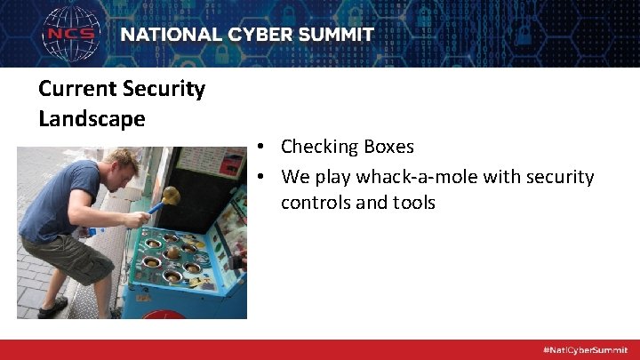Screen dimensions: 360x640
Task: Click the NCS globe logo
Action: click(x=72, y=35)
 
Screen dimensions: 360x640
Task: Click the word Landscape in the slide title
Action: click(x=92, y=118)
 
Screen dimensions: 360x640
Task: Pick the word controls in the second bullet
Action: click(x=315, y=203)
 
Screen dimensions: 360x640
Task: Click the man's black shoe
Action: click(x=52, y=307)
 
